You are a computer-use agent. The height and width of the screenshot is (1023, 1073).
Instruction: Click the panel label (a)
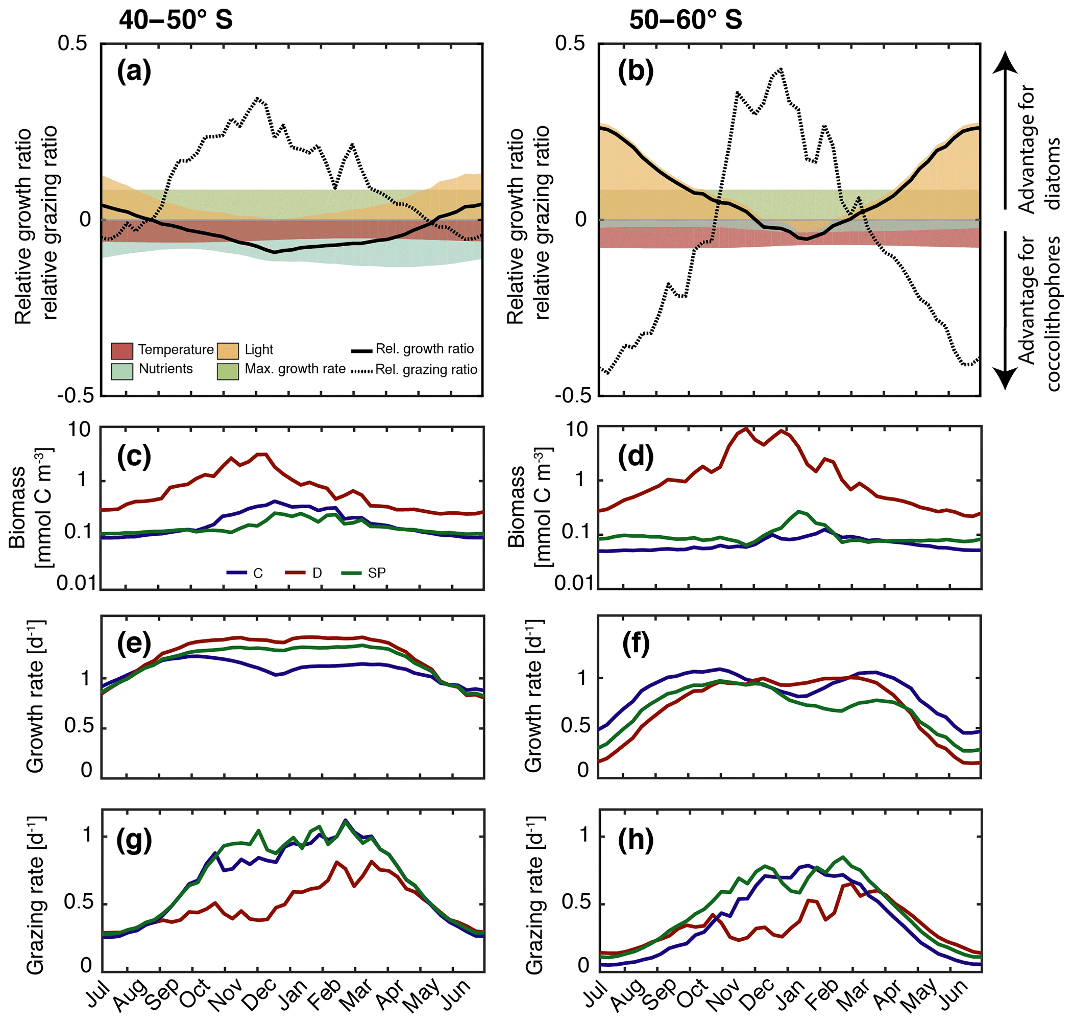(134, 72)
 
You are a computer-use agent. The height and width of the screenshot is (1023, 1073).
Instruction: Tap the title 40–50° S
(176, 20)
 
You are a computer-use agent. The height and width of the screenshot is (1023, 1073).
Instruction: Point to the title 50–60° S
(685, 20)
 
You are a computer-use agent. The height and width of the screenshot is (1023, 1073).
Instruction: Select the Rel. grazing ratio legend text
(426, 370)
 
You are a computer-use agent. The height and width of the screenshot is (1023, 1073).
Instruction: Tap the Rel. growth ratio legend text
(425, 349)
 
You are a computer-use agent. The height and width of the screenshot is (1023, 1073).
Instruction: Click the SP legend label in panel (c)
(377, 573)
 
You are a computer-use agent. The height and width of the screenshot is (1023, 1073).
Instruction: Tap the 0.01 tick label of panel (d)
(573, 583)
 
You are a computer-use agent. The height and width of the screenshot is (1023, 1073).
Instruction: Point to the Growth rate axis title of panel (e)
(35, 698)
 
